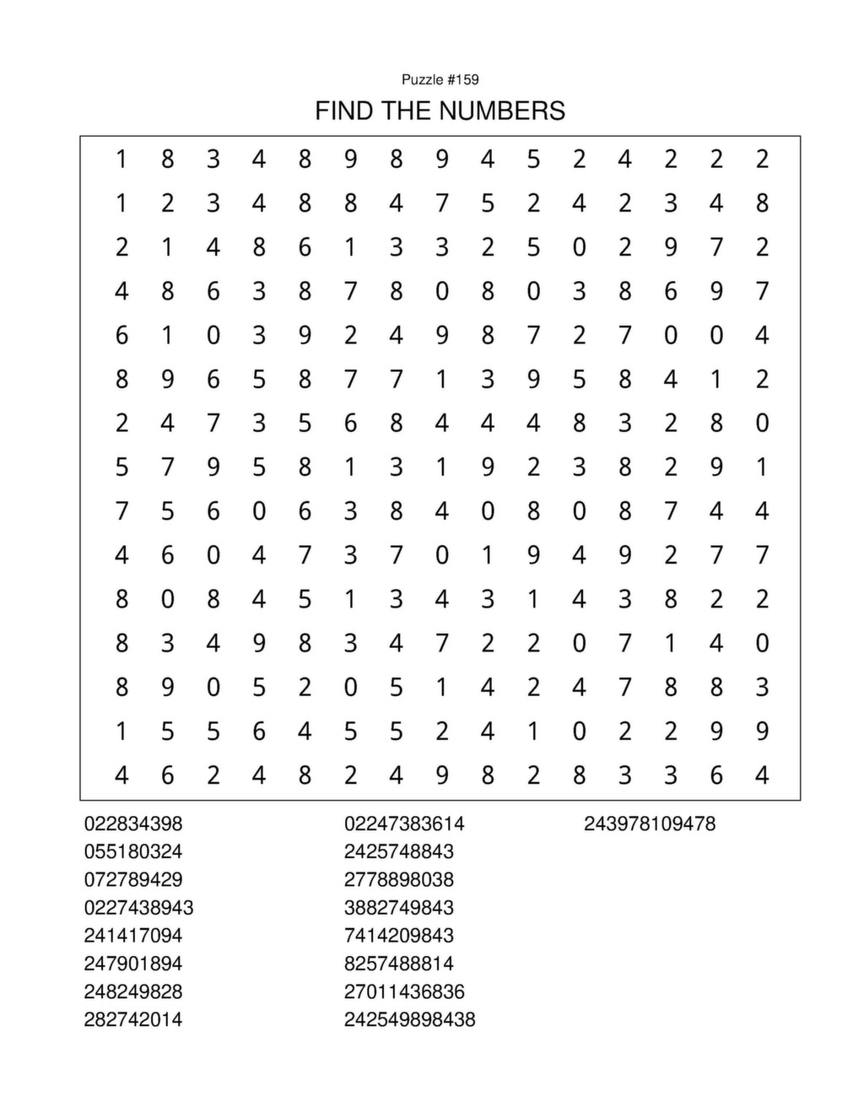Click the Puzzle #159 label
(440, 79)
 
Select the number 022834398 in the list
(133, 824)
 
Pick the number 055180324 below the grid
(133, 851)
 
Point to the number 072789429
(133, 879)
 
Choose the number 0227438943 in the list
(138, 907)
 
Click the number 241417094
(133, 935)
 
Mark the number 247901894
(133, 963)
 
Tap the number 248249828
(133, 991)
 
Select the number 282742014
(133, 1019)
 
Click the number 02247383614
(404, 824)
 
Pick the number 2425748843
(399, 851)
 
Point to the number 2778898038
(399, 879)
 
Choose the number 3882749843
(399, 907)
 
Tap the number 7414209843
(399, 935)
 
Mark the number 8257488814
(399, 963)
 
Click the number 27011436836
(404, 991)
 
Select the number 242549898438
(409, 1019)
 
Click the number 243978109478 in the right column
(650, 824)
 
